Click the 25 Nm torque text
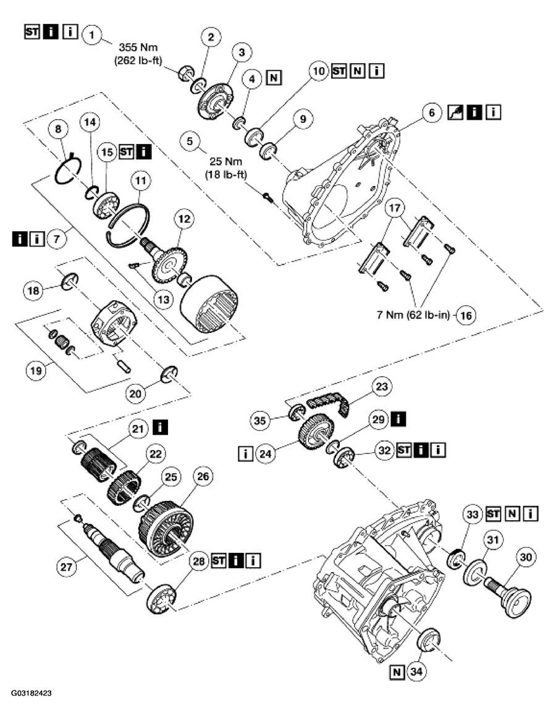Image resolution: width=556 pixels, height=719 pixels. coord(224,163)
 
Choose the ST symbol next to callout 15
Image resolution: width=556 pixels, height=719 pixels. coord(126,151)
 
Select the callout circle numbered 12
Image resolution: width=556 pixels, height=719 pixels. coord(184,219)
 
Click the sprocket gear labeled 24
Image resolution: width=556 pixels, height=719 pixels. coord(316,434)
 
